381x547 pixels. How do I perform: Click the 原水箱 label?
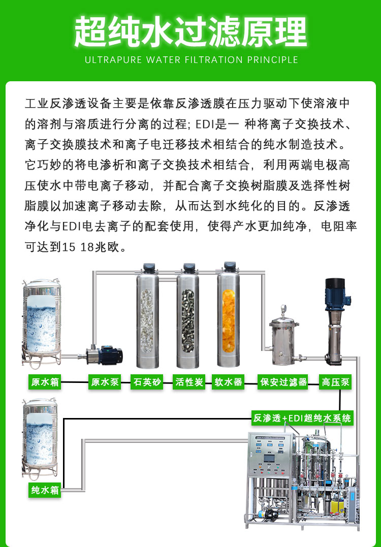pyautogui.click(x=45, y=382)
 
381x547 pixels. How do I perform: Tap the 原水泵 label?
pyautogui.click(x=105, y=382)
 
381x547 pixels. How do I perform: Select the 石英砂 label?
pyautogui.click(x=147, y=382)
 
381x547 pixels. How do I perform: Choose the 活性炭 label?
pyautogui.click(x=189, y=382)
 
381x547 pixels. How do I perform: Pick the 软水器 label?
pyautogui.click(x=228, y=382)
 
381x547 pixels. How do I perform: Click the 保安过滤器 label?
pyautogui.click(x=283, y=382)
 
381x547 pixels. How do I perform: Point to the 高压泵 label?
pyautogui.click(x=335, y=382)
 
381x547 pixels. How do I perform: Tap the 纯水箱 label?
pyautogui.click(x=45, y=490)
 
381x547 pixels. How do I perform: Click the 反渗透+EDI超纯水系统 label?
pyautogui.click(x=302, y=418)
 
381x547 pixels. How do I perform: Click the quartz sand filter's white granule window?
pyautogui.click(x=147, y=321)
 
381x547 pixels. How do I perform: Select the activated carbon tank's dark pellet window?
pyautogui.click(x=188, y=321)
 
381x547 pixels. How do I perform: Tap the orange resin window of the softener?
pyautogui.click(x=229, y=321)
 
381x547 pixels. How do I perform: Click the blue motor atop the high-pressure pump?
pyautogui.click(x=336, y=294)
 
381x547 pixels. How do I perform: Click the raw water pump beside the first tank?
pyautogui.click(x=101, y=355)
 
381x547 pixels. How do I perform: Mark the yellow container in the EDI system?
pyautogui.click(x=337, y=506)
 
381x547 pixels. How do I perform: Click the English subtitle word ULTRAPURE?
pyautogui.click(x=114, y=59)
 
